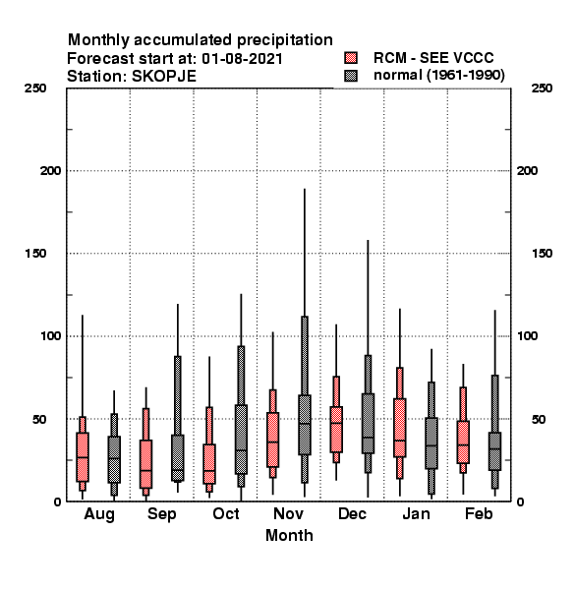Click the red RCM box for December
(336, 430)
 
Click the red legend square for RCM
(351, 58)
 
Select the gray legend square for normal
(351, 76)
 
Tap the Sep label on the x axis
(162, 514)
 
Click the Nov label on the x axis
(288, 513)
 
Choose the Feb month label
(479, 513)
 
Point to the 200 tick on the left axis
(50, 171)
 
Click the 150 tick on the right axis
(542, 254)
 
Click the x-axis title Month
(289, 536)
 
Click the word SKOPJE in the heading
(164, 77)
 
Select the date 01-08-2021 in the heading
(242, 59)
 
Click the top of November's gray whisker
(305, 189)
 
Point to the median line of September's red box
(145, 470)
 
